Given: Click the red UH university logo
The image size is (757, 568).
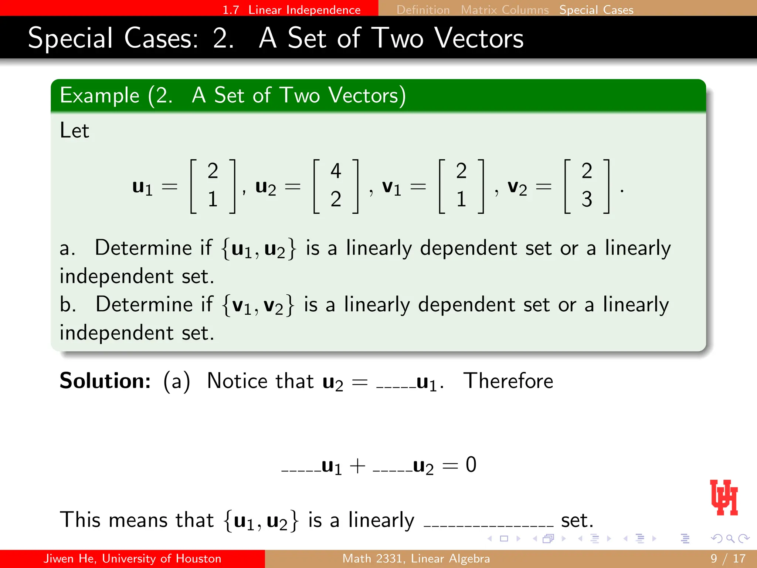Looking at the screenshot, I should click(x=724, y=497).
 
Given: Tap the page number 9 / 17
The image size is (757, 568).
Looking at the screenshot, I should click(x=728, y=558).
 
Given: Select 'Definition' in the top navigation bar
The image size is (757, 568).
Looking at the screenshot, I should click(x=423, y=10).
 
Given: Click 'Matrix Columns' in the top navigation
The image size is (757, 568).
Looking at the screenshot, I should click(x=505, y=10).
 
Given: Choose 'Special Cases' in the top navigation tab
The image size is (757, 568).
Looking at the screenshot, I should click(x=596, y=10).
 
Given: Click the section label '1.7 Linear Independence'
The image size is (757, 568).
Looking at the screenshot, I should click(x=291, y=10).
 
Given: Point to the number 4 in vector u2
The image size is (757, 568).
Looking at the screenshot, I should click(x=336, y=171).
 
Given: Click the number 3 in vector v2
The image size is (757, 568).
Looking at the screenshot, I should click(x=587, y=199).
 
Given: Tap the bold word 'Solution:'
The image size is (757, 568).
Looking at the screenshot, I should click(x=105, y=381).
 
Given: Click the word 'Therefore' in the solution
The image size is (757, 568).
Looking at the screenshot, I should click(x=508, y=381).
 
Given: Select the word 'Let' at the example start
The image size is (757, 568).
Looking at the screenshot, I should click(x=74, y=131).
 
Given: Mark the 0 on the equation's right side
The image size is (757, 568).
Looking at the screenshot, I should click(x=471, y=465).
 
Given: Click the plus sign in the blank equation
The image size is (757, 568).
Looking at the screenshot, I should click(x=357, y=466).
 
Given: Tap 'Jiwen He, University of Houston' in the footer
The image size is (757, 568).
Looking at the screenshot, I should click(x=132, y=558).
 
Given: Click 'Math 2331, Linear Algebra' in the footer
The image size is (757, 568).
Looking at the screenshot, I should click(x=416, y=558).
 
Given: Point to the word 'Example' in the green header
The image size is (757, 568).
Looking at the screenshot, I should click(x=100, y=96).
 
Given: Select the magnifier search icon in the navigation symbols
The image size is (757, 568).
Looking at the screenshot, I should click(x=730, y=538).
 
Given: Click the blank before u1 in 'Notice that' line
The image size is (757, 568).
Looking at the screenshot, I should click(x=396, y=386).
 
